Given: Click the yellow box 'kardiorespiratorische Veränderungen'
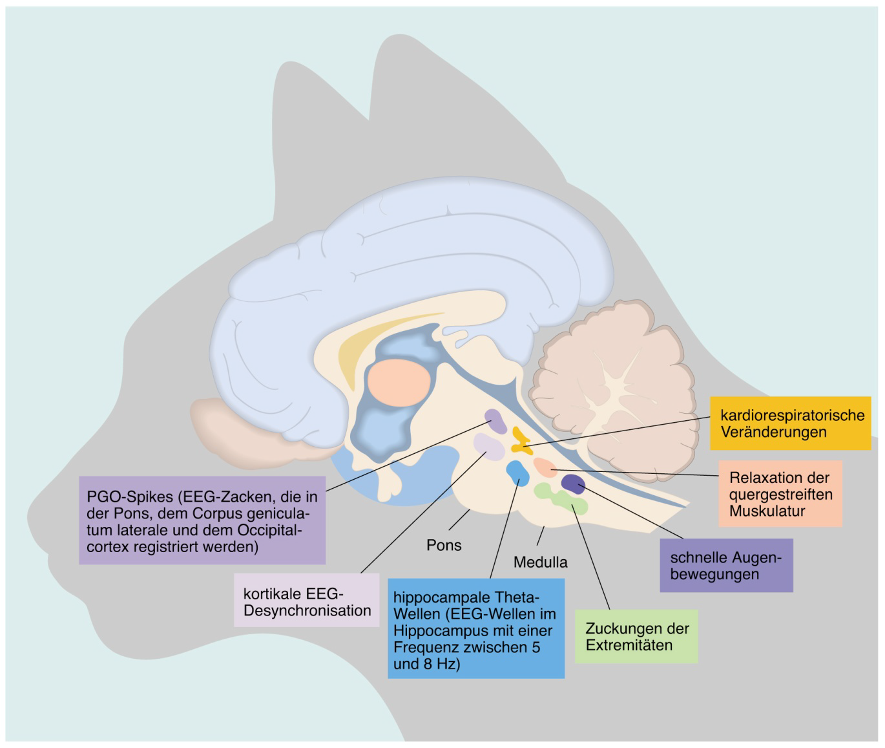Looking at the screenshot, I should pyautogui.click(x=790, y=423).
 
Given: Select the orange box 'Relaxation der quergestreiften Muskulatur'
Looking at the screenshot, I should pyautogui.click(x=780, y=494).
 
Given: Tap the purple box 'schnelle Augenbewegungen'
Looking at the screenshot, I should pyautogui.click(x=726, y=566).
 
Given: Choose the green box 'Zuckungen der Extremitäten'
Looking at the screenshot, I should pyautogui.click(x=636, y=636).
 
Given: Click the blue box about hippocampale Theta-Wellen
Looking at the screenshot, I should pyautogui.click(x=476, y=628).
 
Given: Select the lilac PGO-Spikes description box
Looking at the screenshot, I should pyautogui.click(x=202, y=520).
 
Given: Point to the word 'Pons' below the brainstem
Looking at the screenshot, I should pyautogui.click(x=444, y=545).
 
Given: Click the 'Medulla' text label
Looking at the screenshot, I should pyautogui.click(x=541, y=562).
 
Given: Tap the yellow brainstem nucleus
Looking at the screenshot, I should pyautogui.click(x=520, y=440).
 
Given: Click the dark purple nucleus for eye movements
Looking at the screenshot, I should pyautogui.click(x=573, y=483).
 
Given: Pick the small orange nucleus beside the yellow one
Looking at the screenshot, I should pyautogui.click(x=544, y=467).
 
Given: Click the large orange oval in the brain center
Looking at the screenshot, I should pyautogui.click(x=398, y=383).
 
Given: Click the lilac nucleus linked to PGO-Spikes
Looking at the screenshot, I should pyautogui.click(x=495, y=421).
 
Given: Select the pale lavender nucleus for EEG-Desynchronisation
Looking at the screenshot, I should pyautogui.click(x=488, y=446).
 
